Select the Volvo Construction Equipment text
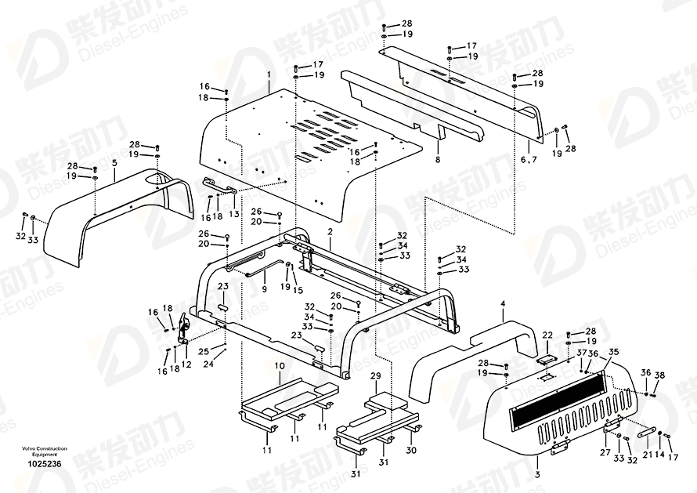(x=39, y=451)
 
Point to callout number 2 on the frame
(x=330, y=232)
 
